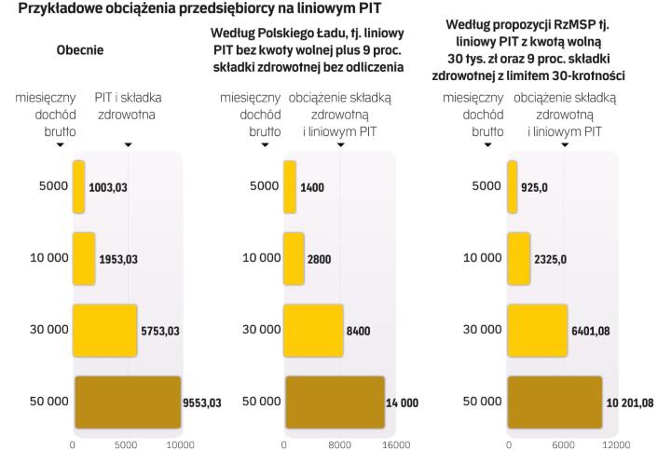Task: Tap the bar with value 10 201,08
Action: pos(555,402)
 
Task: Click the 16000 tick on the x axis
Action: pos(397,443)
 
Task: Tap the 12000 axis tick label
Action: pos(615,443)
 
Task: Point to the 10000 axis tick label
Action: pos(180,443)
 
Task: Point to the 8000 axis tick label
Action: pos(340,443)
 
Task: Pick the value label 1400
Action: pos(312,186)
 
